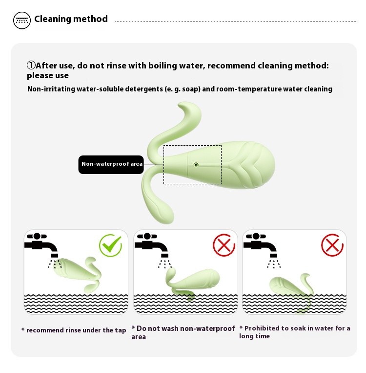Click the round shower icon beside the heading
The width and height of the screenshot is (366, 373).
click(22, 21)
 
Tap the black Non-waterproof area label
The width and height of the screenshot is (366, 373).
click(111, 165)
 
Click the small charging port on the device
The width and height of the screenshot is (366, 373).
click(196, 165)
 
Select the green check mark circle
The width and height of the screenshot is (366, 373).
click(110, 245)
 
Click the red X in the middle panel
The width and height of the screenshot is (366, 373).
click(224, 245)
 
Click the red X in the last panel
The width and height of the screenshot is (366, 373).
click(332, 245)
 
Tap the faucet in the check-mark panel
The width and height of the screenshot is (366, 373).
click(41, 245)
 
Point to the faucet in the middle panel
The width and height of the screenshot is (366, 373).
click(152, 245)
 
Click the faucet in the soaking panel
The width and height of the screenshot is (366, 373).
click(260, 245)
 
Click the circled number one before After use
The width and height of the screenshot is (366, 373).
click(31, 65)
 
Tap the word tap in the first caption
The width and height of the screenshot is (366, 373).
click(121, 330)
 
